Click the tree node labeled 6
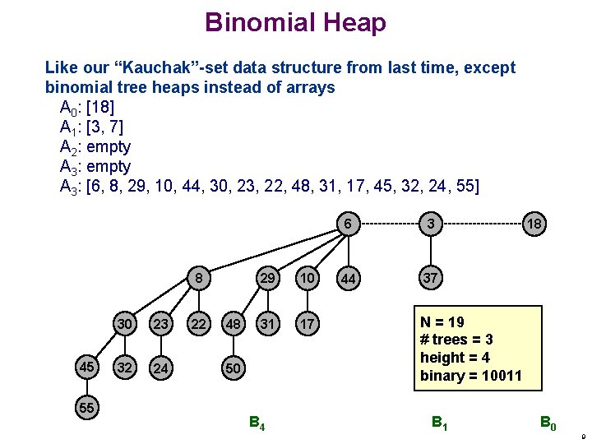tap(349, 224)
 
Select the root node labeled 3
tap(429, 224)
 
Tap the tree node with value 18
tap(534, 224)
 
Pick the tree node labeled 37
tap(429, 279)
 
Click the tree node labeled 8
tap(198, 279)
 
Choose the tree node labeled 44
tap(349, 280)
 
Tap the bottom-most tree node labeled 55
tap(86, 407)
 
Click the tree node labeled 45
tap(86, 368)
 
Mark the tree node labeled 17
tap(306, 324)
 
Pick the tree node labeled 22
tap(198, 324)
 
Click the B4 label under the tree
tap(257, 425)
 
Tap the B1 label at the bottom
tap(441, 424)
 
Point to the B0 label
tap(548, 424)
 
